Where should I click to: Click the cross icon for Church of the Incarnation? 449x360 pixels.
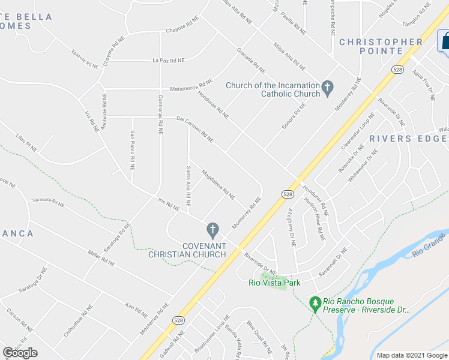327,89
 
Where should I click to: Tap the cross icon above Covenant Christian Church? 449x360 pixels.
211,229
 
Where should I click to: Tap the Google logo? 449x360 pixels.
20,353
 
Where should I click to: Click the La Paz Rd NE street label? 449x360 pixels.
168,60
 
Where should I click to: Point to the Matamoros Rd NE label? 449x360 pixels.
191,84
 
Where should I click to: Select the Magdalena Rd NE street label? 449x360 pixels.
218,184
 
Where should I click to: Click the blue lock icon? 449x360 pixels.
444,41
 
